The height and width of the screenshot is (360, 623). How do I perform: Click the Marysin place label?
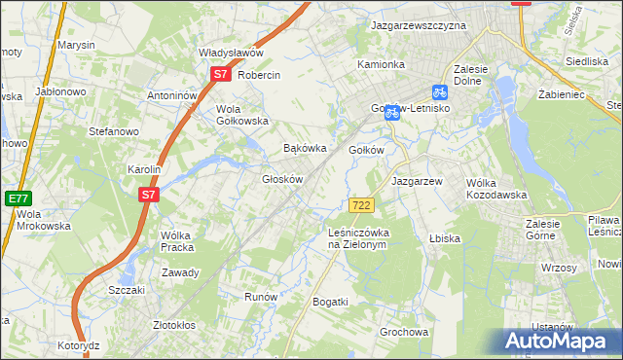pos(76,45)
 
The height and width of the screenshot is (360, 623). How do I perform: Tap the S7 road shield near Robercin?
pos(220,74)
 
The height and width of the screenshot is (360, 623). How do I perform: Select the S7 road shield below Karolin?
pos(148,195)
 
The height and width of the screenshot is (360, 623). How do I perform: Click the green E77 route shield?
pos(18,198)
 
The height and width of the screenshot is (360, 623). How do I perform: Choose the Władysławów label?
pos(231,53)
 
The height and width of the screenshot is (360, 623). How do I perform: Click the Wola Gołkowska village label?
pos(241,115)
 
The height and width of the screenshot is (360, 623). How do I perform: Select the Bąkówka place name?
pos(303,149)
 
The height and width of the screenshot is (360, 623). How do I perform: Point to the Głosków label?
pos(283,179)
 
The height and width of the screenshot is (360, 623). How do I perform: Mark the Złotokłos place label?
pos(175,325)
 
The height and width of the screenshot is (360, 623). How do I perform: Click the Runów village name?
pos(261,297)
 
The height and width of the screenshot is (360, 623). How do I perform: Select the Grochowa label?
pos(404,332)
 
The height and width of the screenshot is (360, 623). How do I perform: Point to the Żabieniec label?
pos(561,95)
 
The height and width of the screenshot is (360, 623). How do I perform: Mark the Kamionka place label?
pos(381,64)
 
